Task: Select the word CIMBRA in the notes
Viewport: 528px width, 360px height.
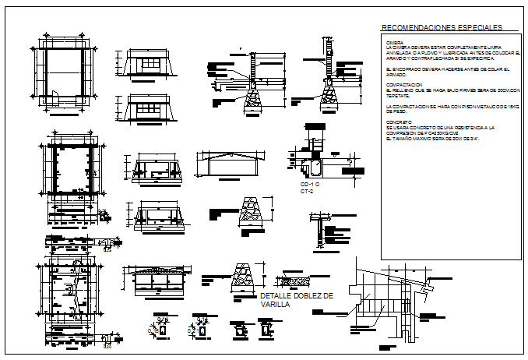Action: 393,42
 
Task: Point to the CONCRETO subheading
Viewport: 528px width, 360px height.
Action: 398,122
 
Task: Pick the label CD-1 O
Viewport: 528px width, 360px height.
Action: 312,185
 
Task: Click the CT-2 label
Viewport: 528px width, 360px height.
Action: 308,191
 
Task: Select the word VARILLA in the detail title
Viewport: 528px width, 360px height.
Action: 276,305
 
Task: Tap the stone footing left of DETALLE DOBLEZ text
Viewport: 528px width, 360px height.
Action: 242,280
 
